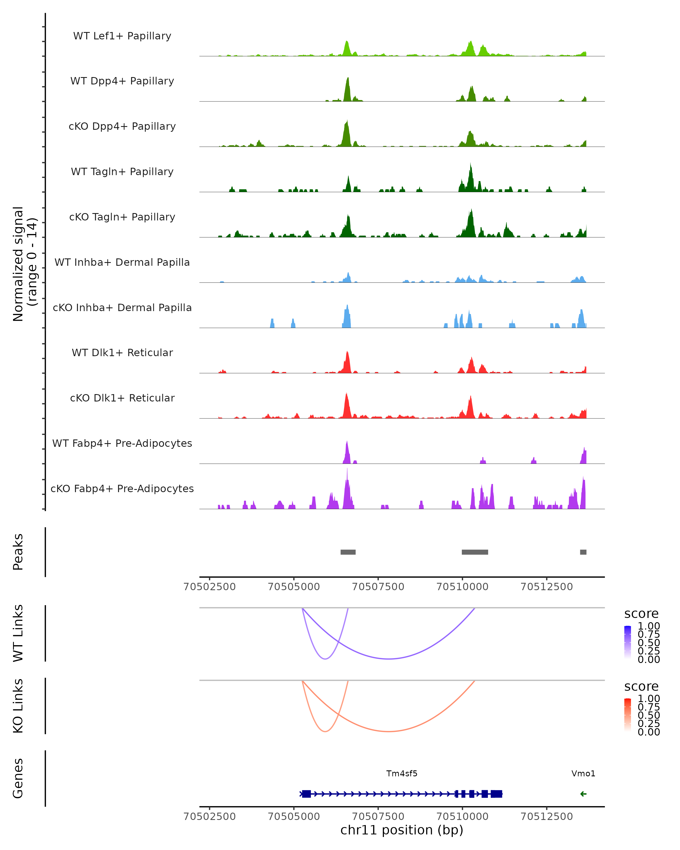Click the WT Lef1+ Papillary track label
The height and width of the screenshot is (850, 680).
[122, 36]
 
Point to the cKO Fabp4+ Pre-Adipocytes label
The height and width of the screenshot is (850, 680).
[122, 488]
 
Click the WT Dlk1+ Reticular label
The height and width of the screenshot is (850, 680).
[122, 352]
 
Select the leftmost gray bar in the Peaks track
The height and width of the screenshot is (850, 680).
[348, 552]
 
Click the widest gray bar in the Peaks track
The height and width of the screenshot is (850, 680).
[475, 552]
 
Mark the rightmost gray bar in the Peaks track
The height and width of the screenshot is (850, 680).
[583, 552]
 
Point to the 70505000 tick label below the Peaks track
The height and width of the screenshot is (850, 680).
[294, 587]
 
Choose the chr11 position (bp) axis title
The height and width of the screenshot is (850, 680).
[402, 830]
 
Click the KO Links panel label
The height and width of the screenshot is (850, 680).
[18, 706]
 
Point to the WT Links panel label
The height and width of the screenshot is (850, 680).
[18, 633]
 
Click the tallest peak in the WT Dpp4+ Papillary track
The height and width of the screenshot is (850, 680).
[348, 79]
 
